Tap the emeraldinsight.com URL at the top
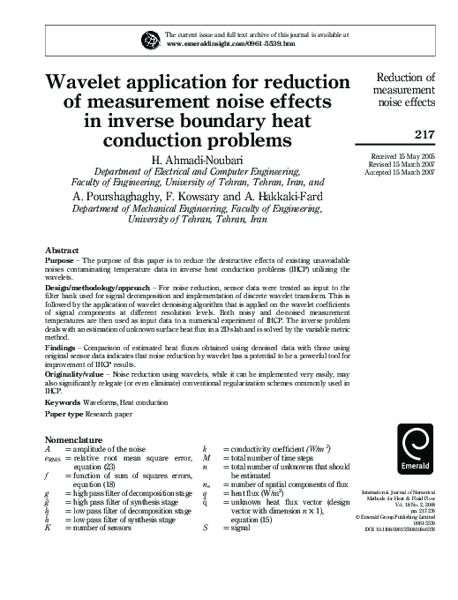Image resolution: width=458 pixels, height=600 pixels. (230, 42)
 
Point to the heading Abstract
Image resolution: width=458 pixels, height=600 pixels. (62, 251)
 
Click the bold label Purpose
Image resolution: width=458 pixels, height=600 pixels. (59, 263)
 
